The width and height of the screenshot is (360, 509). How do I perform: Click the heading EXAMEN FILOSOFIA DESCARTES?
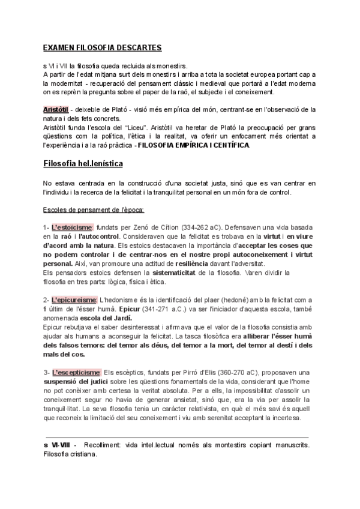102,47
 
